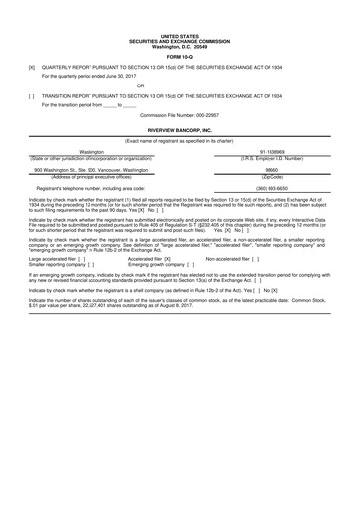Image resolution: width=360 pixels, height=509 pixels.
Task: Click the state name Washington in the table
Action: point(91,152)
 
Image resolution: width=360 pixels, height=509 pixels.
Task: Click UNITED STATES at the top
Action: point(180,7)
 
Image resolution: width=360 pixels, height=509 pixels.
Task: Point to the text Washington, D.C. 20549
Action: point(180,19)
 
